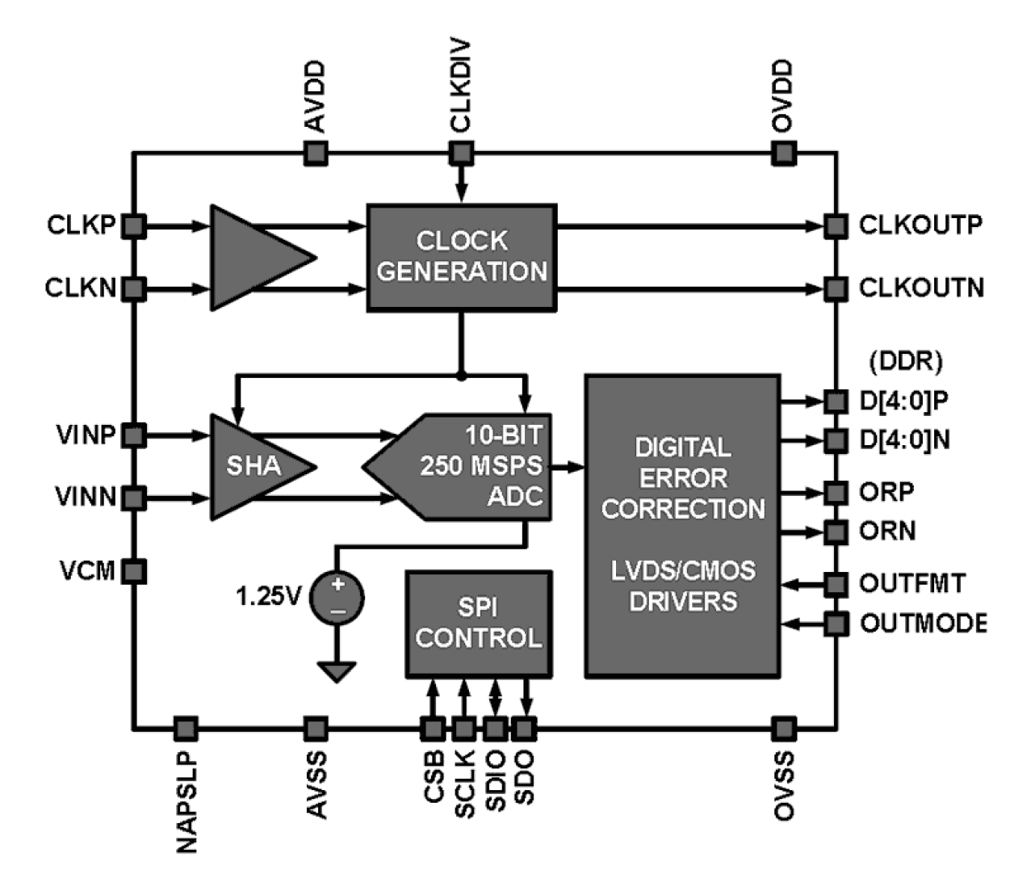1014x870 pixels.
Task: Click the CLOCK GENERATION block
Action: click(x=462, y=257)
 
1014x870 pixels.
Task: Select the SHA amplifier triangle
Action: click(x=254, y=466)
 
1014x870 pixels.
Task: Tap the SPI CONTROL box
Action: click(x=478, y=624)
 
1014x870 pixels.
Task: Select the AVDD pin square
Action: click(x=316, y=153)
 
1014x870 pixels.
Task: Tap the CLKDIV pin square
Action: click(x=461, y=153)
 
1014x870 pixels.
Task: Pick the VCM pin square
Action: click(x=134, y=572)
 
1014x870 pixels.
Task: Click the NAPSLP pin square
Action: click(x=186, y=729)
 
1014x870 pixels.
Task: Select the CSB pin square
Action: click(x=433, y=729)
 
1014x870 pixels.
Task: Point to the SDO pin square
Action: click(x=524, y=729)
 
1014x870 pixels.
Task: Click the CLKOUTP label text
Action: click(x=920, y=225)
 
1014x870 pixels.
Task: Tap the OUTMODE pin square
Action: click(x=836, y=624)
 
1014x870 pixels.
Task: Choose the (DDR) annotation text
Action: click(x=905, y=361)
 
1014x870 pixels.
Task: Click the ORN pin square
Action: click(x=836, y=532)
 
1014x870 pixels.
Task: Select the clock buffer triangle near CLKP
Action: click(x=254, y=257)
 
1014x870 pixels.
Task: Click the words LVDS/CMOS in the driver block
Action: click(x=683, y=570)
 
